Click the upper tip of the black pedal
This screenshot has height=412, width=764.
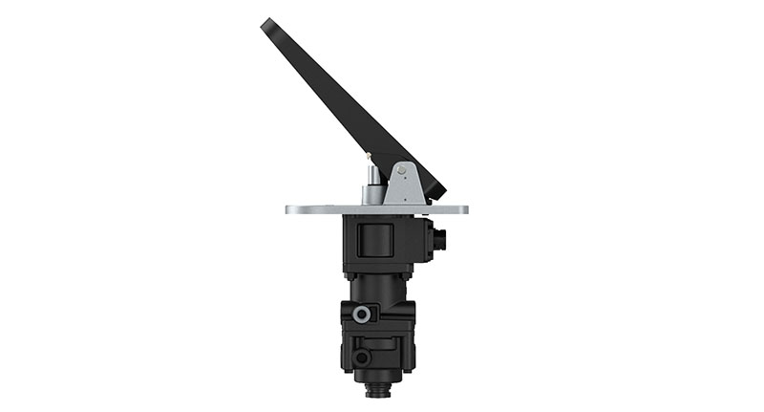coord(267,24)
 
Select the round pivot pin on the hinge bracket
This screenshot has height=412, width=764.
coord(401,170)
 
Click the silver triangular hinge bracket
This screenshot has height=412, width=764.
coord(404,184)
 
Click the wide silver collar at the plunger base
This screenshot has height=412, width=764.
coord(371,196)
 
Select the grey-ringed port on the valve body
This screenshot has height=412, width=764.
coord(363,314)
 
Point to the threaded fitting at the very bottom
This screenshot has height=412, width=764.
coord(378,389)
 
